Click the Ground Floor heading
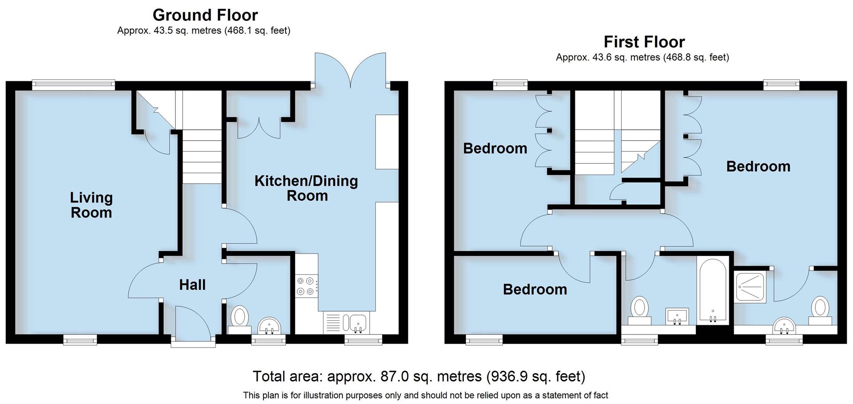coord(205,15)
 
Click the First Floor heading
coord(644,42)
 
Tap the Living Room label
coord(91,205)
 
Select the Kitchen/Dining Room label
coord(306,188)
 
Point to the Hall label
coord(192,285)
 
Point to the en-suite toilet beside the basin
coord(820,311)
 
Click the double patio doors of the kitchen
coord(350,69)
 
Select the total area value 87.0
coord(394,376)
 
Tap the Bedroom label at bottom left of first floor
coord(534,290)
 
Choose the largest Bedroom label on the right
coord(758,166)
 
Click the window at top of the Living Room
coord(74,85)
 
